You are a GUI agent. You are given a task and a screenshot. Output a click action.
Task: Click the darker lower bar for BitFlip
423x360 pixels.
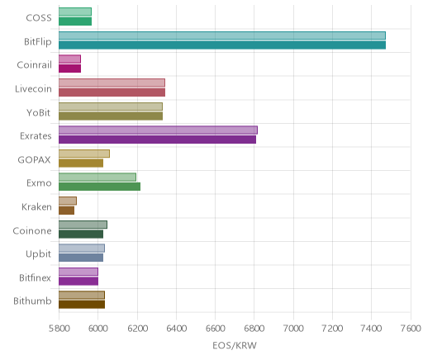click(x=222, y=45)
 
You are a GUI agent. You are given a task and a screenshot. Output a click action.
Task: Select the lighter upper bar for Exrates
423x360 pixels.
click(x=158, y=130)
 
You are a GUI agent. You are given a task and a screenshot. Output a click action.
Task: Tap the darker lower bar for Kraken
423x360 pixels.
click(x=66, y=211)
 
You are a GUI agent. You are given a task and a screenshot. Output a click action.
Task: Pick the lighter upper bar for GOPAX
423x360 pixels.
click(x=84, y=154)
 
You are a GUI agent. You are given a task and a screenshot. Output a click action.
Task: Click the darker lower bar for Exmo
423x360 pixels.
click(x=99, y=187)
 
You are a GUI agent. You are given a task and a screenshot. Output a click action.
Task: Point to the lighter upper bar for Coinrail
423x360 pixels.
click(x=69, y=59)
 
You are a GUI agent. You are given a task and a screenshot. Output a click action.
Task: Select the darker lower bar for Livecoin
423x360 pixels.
click(x=112, y=92)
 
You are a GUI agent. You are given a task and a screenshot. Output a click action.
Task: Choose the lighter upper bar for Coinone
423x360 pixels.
click(x=83, y=225)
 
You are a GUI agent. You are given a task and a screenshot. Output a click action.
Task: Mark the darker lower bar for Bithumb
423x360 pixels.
click(x=82, y=305)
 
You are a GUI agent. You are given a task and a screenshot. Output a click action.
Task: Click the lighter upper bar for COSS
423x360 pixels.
click(x=75, y=12)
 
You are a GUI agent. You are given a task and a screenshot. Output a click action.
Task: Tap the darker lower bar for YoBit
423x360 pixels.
click(x=111, y=116)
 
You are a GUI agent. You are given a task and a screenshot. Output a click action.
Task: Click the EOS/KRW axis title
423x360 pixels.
click(x=235, y=346)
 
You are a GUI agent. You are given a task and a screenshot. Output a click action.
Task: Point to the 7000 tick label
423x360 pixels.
click(x=293, y=329)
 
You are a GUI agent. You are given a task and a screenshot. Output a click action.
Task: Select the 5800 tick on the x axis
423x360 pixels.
click(x=59, y=329)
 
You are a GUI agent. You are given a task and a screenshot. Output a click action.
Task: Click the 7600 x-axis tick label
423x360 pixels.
click(x=411, y=329)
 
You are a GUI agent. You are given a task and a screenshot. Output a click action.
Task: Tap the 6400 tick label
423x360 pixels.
click(x=176, y=329)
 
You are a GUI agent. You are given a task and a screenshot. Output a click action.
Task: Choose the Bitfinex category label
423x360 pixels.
click(x=35, y=277)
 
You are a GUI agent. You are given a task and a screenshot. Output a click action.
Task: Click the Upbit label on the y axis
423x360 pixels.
click(x=38, y=254)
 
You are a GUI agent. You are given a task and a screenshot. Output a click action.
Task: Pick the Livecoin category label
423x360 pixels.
click(x=33, y=88)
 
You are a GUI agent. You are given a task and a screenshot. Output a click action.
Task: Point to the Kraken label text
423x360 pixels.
click(x=36, y=206)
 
